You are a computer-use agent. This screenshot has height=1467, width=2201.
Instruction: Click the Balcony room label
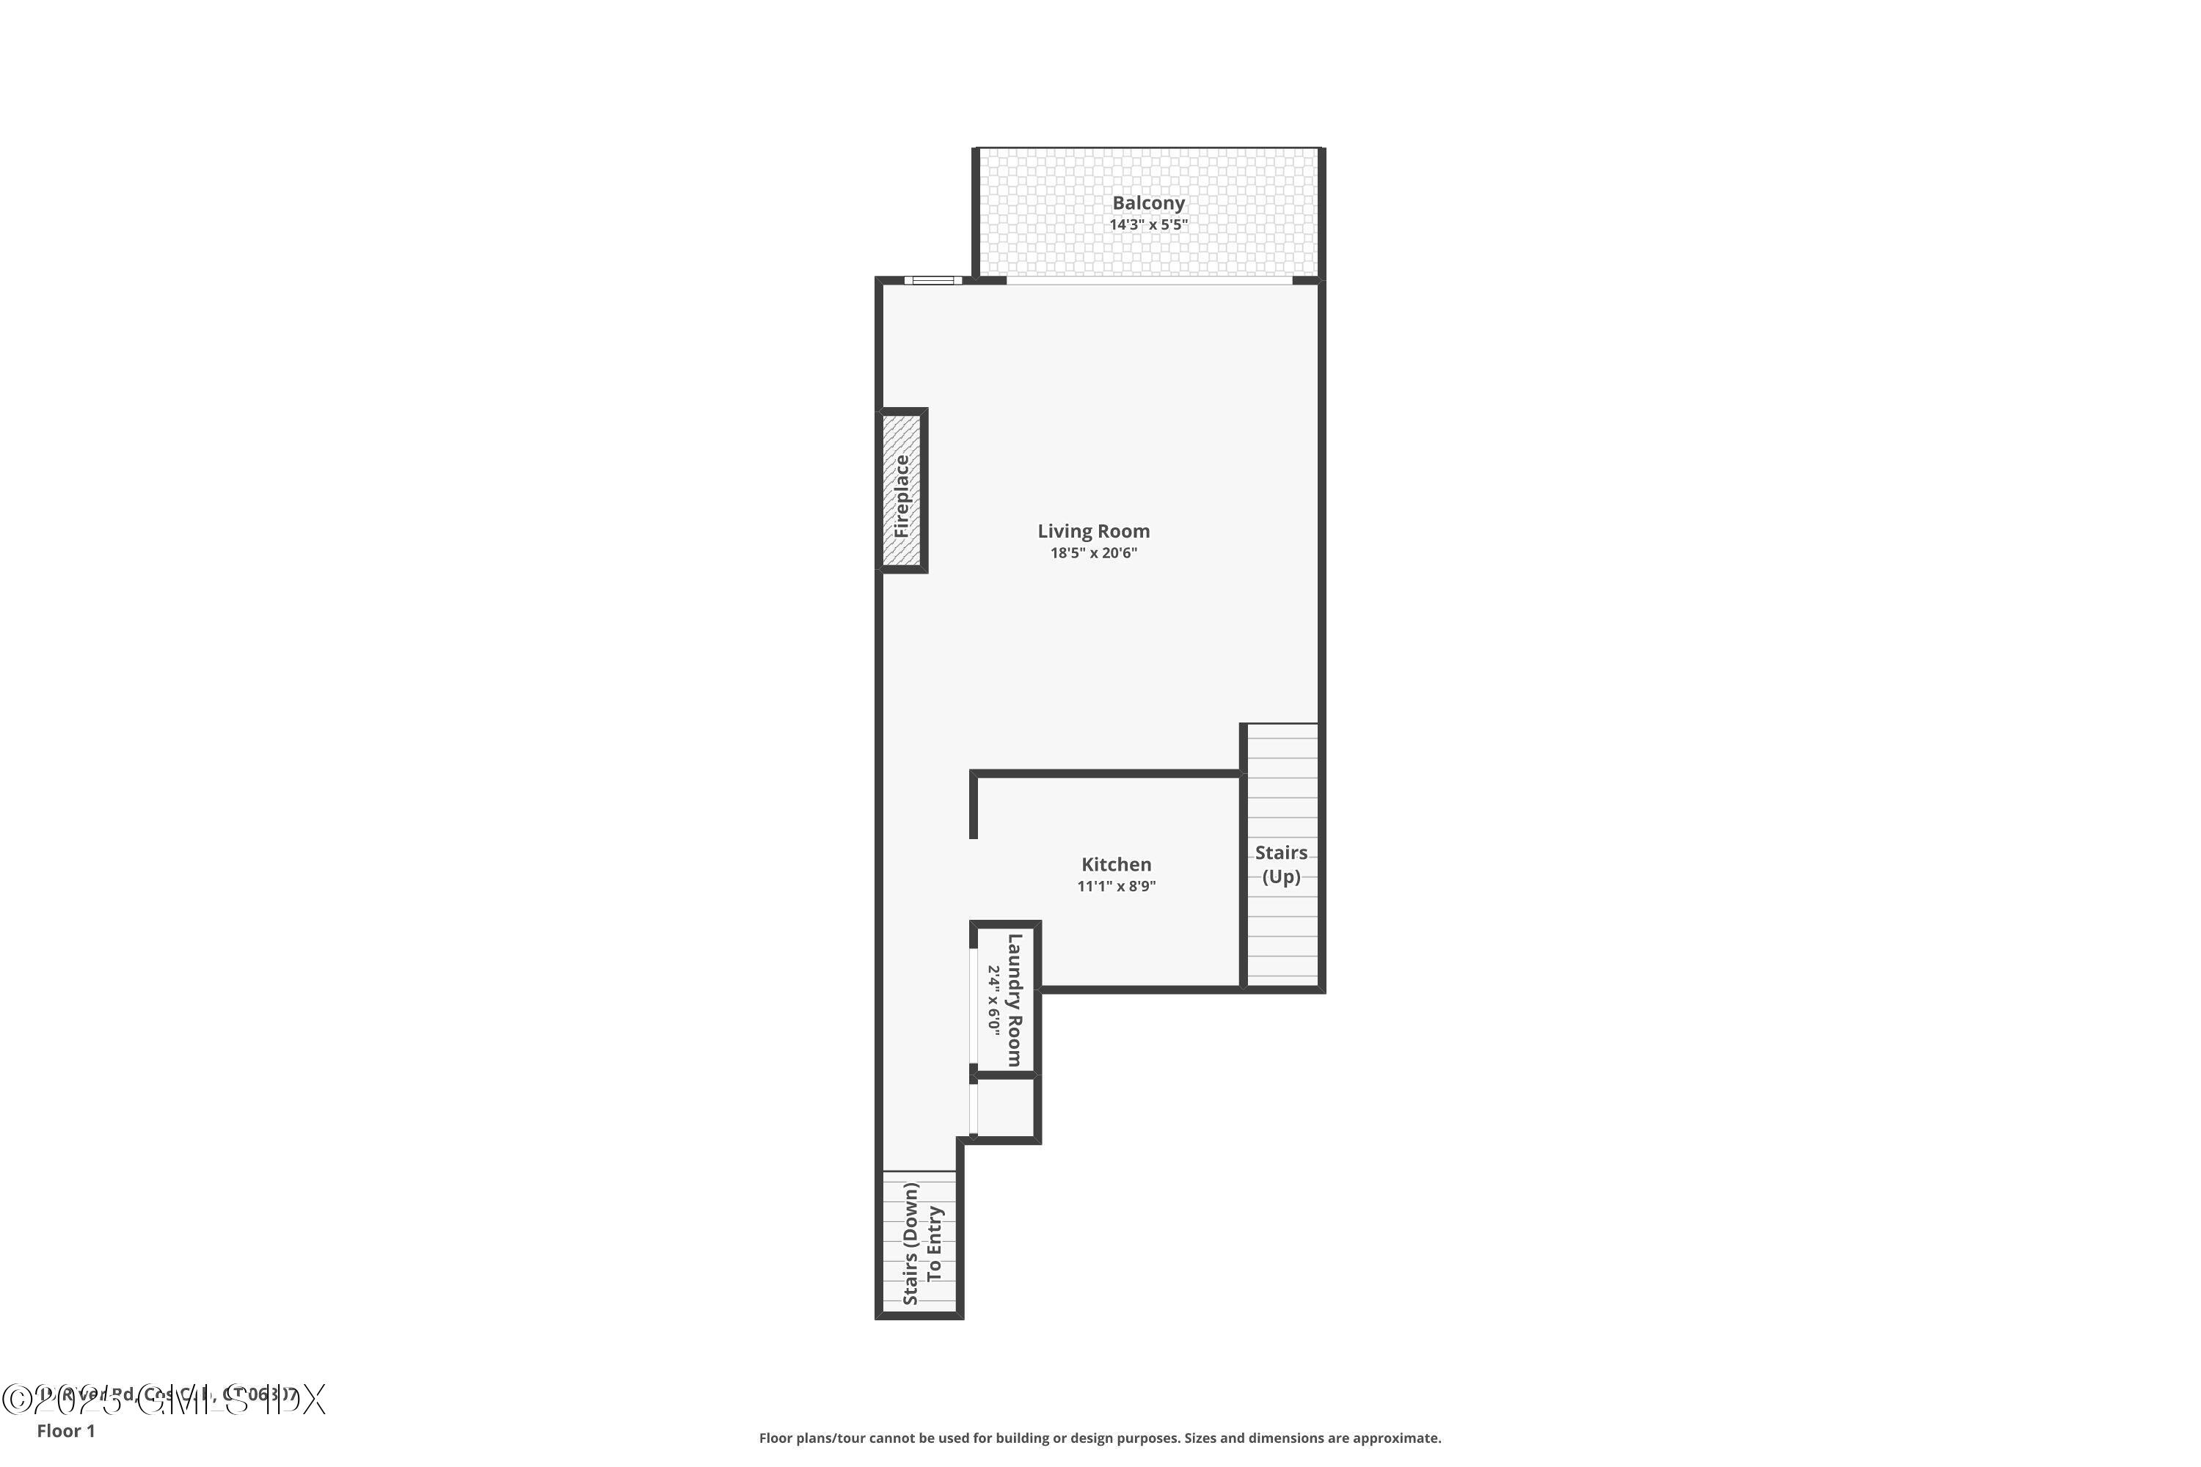(1148, 203)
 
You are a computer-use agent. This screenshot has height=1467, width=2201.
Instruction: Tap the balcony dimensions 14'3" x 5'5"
(1148, 225)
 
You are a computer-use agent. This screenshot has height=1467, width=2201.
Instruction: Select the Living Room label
(1093, 531)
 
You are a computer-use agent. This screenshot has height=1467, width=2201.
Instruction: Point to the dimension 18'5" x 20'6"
(1093, 554)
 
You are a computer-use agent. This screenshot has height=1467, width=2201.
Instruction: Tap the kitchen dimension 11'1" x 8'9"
(1117, 887)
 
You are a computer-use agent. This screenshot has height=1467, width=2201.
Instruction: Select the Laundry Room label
(1015, 999)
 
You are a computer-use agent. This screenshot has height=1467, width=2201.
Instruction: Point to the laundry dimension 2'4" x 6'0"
(994, 999)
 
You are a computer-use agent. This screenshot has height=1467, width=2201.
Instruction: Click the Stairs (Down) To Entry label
(921, 1243)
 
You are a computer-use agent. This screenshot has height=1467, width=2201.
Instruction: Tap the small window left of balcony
(932, 279)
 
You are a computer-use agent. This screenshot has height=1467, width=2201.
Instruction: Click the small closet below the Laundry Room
(1006, 1108)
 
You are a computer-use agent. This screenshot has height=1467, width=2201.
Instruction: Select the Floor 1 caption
(65, 1430)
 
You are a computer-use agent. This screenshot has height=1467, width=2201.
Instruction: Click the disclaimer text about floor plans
(1100, 1438)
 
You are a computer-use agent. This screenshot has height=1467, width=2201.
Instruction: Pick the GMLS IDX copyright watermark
(164, 1400)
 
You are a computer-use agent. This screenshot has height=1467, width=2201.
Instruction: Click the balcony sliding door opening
(1149, 279)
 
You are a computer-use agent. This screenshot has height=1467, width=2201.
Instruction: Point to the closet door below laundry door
(974, 1110)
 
